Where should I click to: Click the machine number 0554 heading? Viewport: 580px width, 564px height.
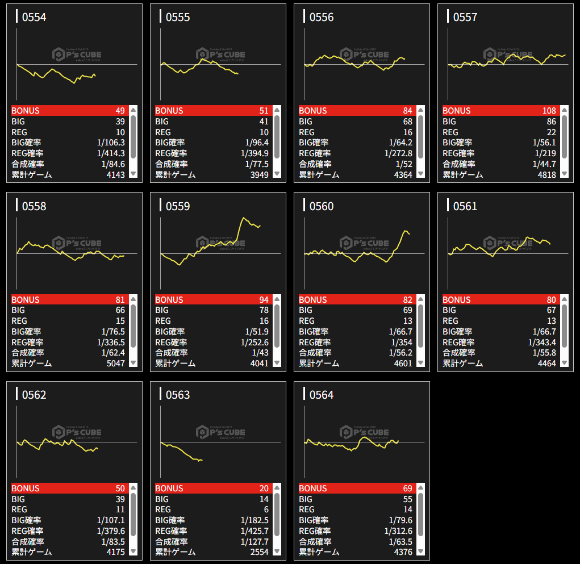(x=34, y=18)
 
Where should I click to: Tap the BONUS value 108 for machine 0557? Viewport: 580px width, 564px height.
(x=549, y=111)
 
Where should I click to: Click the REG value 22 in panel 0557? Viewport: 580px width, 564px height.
(x=550, y=132)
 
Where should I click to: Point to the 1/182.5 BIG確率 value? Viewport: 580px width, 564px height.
(x=254, y=520)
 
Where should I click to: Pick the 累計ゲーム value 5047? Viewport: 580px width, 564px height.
(x=115, y=364)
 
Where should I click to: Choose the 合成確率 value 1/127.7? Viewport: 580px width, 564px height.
(x=254, y=542)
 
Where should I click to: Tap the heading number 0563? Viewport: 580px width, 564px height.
(x=178, y=395)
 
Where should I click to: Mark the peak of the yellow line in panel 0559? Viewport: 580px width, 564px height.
(x=244, y=218)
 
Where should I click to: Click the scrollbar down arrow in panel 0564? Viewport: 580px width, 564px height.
(x=420, y=551)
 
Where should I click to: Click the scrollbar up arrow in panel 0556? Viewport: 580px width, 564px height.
(x=420, y=110)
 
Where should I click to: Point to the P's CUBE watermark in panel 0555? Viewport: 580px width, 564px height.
(x=220, y=55)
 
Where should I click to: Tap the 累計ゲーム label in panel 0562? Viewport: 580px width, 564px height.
(x=32, y=552)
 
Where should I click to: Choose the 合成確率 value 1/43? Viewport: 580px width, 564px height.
(x=260, y=353)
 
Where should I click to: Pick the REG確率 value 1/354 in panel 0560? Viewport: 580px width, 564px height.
(x=401, y=342)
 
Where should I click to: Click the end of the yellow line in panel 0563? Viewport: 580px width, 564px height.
(x=202, y=460)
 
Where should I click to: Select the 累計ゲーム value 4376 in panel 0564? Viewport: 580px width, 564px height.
(x=403, y=552)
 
